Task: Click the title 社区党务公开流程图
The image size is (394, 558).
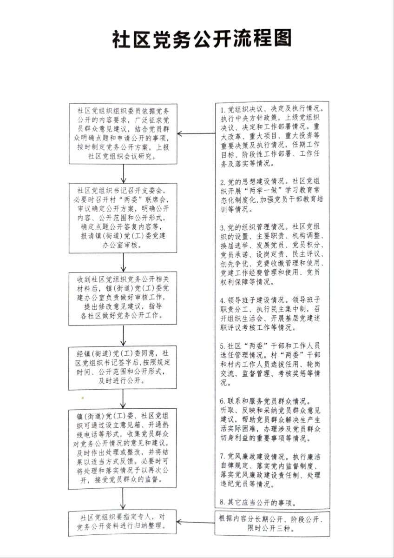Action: (202, 40)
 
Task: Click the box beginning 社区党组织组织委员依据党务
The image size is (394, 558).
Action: (123, 133)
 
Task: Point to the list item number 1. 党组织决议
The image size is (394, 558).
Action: (272, 137)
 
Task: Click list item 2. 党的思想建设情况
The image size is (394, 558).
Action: (272, 195)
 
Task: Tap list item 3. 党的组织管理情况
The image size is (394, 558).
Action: (272, 254)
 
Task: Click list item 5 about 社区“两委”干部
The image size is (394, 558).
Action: (272, 365)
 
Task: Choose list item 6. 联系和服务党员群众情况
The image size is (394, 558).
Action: (272, 419)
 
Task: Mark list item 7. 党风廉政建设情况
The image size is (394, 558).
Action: (272, 471)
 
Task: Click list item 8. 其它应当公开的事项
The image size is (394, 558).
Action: (259, 503)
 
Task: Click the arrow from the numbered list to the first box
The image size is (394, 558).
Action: (196, 134)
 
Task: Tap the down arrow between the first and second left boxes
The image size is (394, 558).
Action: (123, 173)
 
